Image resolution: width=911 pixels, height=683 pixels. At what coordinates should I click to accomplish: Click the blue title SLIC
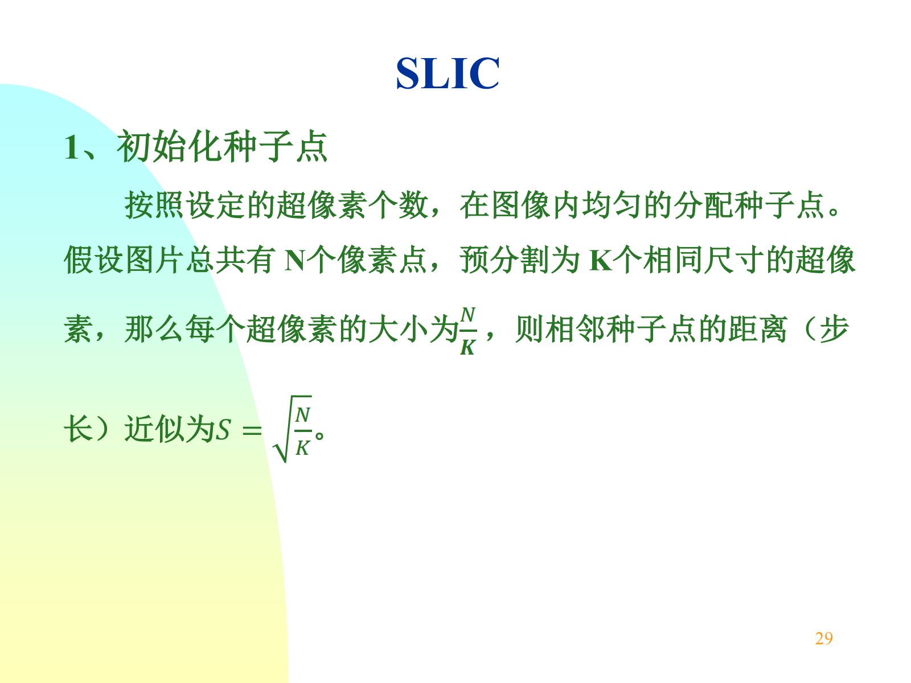click(448, 73)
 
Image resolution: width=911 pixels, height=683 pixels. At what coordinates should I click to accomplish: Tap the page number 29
click(824, 638)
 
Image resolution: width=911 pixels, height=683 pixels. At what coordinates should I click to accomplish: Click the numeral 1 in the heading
click(71, 147)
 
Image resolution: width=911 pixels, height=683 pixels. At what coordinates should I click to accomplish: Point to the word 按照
click(154, 205)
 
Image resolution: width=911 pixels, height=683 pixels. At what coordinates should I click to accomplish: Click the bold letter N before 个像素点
click(295, 261)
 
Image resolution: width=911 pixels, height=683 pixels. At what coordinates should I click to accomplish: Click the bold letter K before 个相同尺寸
click(601, 261)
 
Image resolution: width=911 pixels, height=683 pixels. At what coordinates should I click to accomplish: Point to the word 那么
click(154, 329)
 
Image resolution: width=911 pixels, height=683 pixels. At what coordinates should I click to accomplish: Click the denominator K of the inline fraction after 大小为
click(468, 348)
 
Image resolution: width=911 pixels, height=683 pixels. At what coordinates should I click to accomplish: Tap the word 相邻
click(575, 329)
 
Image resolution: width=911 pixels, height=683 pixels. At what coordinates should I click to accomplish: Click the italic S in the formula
click(223, 430)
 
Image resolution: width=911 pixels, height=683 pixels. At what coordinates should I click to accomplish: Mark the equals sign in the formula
click(252, 430)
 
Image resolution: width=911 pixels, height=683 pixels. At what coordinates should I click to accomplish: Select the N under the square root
click(302, 415)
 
